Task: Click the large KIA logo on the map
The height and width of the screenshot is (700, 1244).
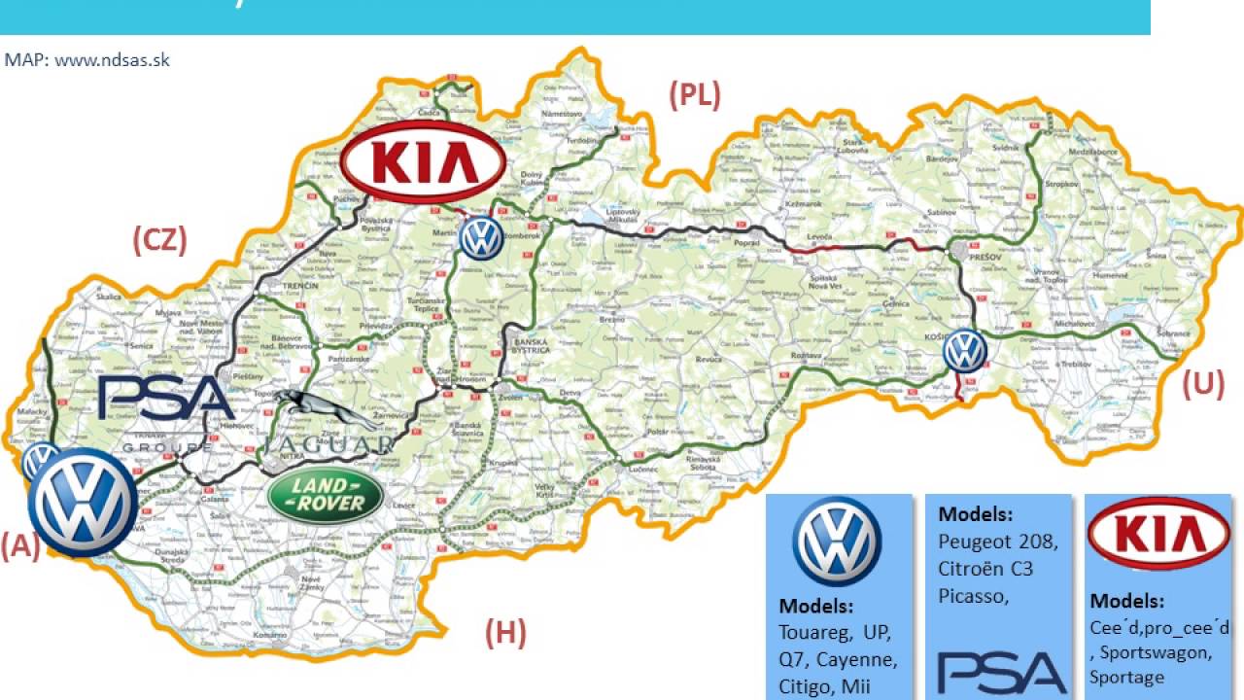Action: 424,161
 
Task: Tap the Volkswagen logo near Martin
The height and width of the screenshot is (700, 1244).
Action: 481,237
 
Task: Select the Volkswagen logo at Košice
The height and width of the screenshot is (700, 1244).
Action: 965,351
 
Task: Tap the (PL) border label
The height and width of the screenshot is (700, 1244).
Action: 695,95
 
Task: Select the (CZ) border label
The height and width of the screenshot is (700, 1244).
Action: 159,240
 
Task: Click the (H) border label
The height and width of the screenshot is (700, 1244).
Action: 505,634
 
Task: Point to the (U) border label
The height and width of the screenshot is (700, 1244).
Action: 1203,385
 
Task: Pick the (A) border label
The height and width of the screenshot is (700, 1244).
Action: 20,546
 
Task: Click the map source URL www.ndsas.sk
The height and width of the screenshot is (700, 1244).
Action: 112,60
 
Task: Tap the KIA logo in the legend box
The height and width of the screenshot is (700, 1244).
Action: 1158,534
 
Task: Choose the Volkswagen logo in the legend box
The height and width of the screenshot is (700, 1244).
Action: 837,542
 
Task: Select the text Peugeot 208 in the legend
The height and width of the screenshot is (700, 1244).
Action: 998,541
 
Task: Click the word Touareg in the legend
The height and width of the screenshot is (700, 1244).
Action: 813,632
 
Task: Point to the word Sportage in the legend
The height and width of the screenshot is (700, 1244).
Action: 1126,678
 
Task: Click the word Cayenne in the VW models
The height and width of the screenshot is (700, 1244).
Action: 856,660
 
